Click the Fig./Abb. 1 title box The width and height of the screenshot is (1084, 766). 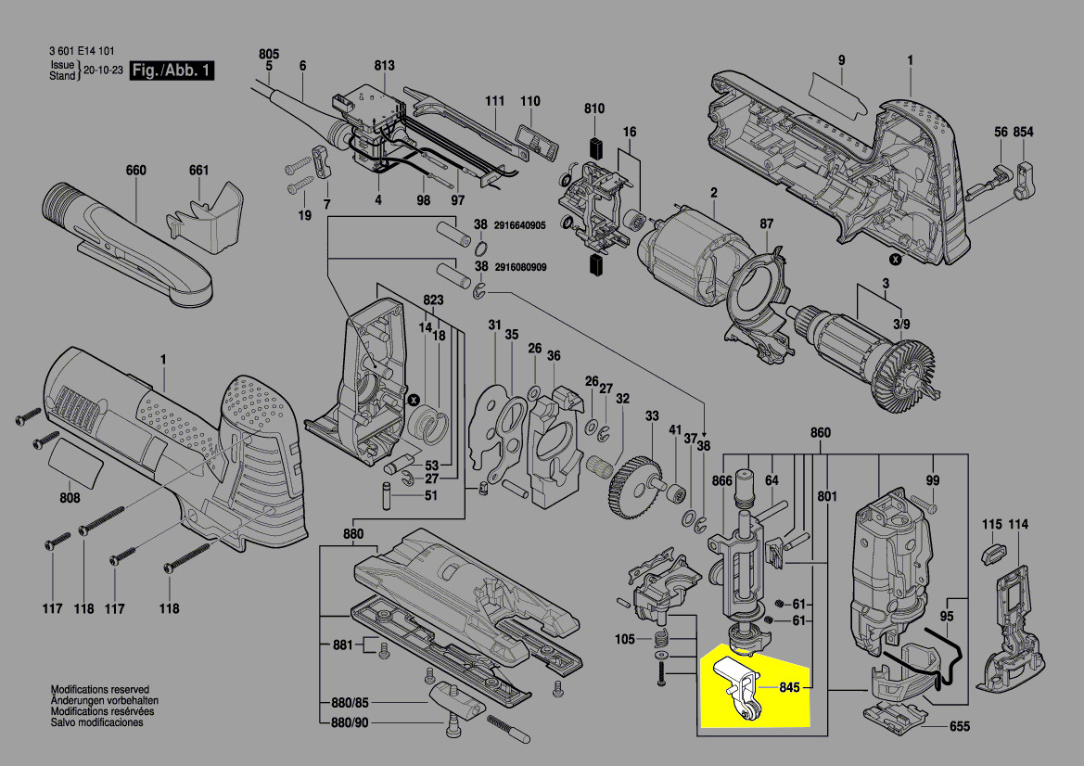point(172,70)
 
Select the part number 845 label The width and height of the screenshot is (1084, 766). point(789,688)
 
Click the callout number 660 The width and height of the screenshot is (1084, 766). point(136,171)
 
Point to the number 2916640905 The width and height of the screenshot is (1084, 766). point(519,225)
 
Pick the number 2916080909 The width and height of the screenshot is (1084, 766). point(519,267)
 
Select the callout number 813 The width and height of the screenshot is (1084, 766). point(384,66)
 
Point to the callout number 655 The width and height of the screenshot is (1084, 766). point(960,728)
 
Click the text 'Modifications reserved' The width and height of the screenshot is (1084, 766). point(99,691)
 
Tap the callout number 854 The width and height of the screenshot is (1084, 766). point(1023,133)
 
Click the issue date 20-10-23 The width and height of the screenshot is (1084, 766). point(104,70)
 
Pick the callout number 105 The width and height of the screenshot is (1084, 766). point(624,639)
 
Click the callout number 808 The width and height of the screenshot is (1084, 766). point(70,499)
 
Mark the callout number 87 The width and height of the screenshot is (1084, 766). point(766,224)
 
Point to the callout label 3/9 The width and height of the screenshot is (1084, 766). point(900,323)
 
